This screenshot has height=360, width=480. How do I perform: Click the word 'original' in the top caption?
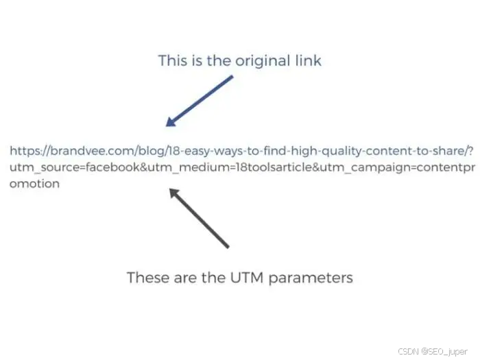pos(261,60)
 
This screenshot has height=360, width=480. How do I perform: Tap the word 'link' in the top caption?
pos(308,60)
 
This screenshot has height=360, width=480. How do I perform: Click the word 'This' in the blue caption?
pos(172,60)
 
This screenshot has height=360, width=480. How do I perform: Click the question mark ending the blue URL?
pos(470,151)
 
